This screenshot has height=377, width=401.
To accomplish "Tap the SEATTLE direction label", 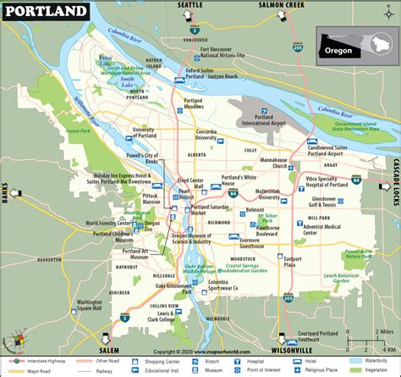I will click(x=189, y=5).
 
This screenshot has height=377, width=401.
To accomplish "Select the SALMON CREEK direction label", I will click(x=281, y=5).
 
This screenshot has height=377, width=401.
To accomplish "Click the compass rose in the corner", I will click(x=14, y=344).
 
